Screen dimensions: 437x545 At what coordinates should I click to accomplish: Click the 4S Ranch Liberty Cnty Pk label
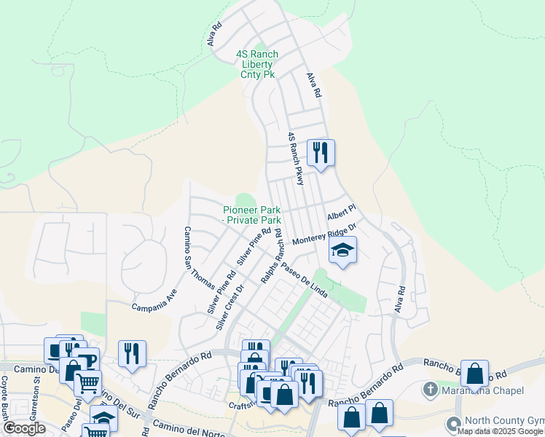click(257, 64)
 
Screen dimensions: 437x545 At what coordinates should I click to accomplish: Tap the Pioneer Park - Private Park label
click(252, 215)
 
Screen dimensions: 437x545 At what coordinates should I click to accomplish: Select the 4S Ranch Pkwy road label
click(295, 158)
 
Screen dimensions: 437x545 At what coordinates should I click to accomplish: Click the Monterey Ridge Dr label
click(324, 235)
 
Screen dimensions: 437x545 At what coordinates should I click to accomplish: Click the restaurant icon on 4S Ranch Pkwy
click(321, 152)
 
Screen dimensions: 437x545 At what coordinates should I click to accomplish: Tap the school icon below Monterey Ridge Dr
click(342, 251)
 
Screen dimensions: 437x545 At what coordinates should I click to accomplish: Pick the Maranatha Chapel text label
click(482, 391)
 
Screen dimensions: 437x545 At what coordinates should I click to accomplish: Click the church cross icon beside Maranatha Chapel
click(431, 390)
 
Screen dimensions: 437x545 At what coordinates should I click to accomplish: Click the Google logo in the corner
click(23, 428)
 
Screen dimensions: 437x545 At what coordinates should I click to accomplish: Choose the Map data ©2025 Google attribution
click(500, 431)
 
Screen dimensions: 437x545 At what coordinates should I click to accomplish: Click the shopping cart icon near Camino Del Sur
click(87, 381)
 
